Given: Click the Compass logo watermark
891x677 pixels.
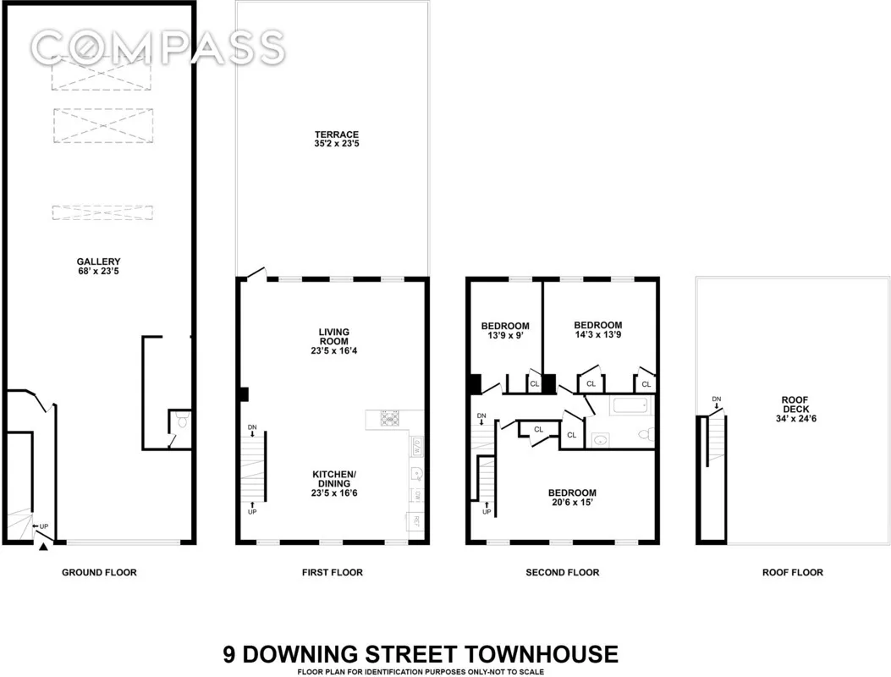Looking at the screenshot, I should [x=156, y=47].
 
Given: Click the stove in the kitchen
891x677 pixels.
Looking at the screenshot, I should [x=390, y=417].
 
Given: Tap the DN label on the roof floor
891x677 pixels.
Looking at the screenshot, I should [x=717, y=399].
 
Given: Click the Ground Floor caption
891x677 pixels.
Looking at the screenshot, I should [x=99, y=573].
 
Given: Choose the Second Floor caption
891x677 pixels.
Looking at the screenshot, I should [x=562, y=573].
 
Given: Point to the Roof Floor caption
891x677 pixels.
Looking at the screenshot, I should [x=792, y=573].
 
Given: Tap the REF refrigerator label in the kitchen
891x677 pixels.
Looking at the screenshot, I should [x=415, y=520].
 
